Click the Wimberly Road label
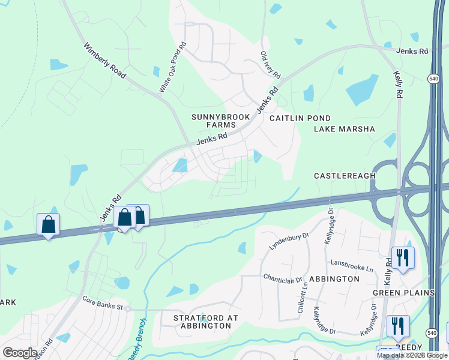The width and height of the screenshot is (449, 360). (x=105, y=61)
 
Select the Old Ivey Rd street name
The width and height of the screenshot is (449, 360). (x=270, y=65)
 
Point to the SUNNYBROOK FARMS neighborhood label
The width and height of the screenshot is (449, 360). (x=213, y=120)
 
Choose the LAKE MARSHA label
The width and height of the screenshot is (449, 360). (x=345, y=129)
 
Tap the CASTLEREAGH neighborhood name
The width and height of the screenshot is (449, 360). (x=345, y=176)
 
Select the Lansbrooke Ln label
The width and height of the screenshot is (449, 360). (x=352, y=264)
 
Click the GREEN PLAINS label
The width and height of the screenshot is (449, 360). (x=403, y=293)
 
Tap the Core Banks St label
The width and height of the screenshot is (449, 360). (x=103, y=307)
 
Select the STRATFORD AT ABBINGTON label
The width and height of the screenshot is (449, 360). (x=205, y=322)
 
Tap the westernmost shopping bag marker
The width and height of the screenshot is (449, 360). (x=48, y=225)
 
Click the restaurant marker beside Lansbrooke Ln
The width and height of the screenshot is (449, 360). (x=402, y=258)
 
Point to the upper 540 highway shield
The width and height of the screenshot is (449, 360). (x=433, y=79)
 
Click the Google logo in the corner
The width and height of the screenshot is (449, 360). (x=19, y=353)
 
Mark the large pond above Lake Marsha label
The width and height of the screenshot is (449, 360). (x=362, y=90)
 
